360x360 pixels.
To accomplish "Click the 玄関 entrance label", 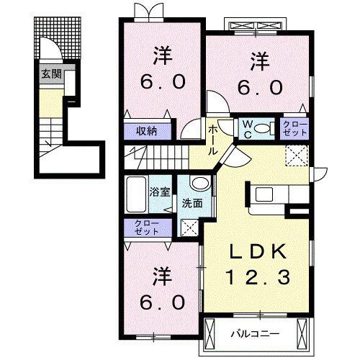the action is [x=51, y=74].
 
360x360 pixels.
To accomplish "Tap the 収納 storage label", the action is [x=147, y=131].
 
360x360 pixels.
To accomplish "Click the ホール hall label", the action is [x=212, y=140].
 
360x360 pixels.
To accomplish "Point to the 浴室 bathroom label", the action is [x=160, y=192].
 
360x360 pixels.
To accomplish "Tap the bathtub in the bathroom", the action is [x=136, y=194].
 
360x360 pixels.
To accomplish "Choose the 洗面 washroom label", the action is [x=192, y=203].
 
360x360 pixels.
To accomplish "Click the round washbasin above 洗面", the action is [x=200, y=184].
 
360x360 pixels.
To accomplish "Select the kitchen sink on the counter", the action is [x=264, y=194].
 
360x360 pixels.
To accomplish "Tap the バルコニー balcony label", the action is [x=255, y=334].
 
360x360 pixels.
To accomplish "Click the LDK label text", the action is [x=258, y=251].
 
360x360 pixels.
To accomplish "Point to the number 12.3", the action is [x=258, y=277].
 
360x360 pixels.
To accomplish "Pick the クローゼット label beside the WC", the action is [x=294, y=129].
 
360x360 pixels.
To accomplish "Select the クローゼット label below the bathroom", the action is [x=147, y=228].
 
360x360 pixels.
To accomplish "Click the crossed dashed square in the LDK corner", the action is [x=297, y=156].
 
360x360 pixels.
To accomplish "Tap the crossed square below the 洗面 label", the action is [x=189, y=227].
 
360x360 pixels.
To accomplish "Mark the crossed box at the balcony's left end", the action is [x=209, y=335].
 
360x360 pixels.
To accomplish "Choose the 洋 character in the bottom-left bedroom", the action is [x=163, y=276].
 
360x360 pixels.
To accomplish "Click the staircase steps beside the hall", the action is [x=156, y=158].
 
